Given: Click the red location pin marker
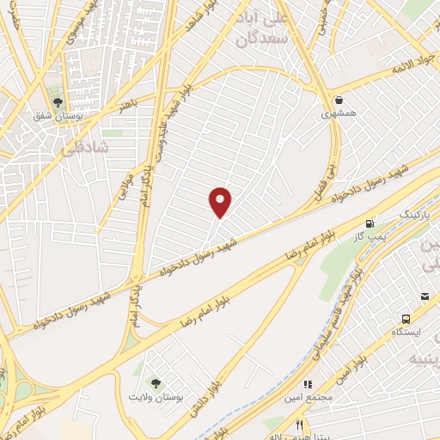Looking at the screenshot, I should click(x=221, y=201).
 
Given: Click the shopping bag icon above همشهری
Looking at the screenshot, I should click(x=339, y=99).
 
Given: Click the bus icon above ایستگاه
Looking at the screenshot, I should click(x=424, y=297).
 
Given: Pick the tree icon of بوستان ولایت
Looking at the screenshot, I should click(x=156, y=383).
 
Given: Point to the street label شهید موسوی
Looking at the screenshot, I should click(x=95, y=21).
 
